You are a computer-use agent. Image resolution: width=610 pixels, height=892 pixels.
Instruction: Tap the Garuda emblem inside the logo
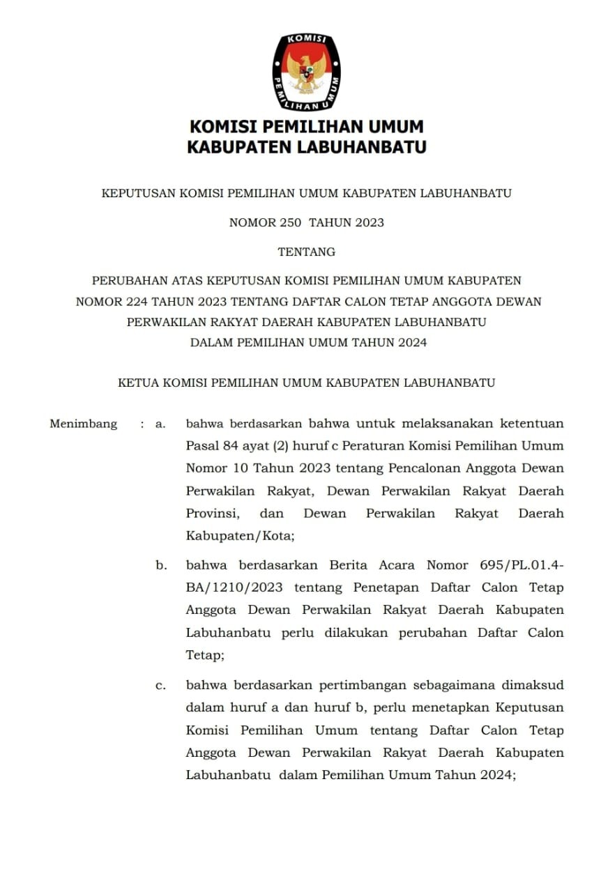(307, 73)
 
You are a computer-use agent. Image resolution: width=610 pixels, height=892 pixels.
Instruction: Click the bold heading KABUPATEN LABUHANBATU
(307, 147)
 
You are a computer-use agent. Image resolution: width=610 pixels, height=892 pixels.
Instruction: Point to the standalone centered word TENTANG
(307, 252)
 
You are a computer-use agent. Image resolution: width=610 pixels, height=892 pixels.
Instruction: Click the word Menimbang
(83, 424)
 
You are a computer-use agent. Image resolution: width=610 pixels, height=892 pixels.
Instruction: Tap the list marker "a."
(161, 424)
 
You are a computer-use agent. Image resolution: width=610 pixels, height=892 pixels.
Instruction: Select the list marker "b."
(161, 565)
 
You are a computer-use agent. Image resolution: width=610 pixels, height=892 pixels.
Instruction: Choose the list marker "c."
(161, 685)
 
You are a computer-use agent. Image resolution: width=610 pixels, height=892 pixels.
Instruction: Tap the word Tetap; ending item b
(205, 655)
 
